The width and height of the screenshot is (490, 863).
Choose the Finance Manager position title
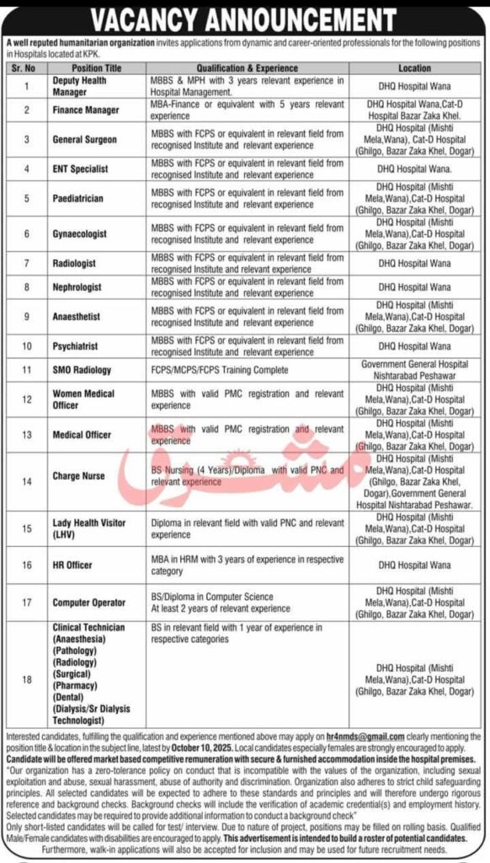click(x=85, y=110)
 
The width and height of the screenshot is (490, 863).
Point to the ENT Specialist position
click(x=80, y=169)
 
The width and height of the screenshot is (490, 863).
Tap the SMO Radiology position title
click(x=82, y=370)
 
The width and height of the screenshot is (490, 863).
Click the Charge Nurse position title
click(x=78, y=476)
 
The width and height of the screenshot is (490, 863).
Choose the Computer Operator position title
click(x=88, y=603)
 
